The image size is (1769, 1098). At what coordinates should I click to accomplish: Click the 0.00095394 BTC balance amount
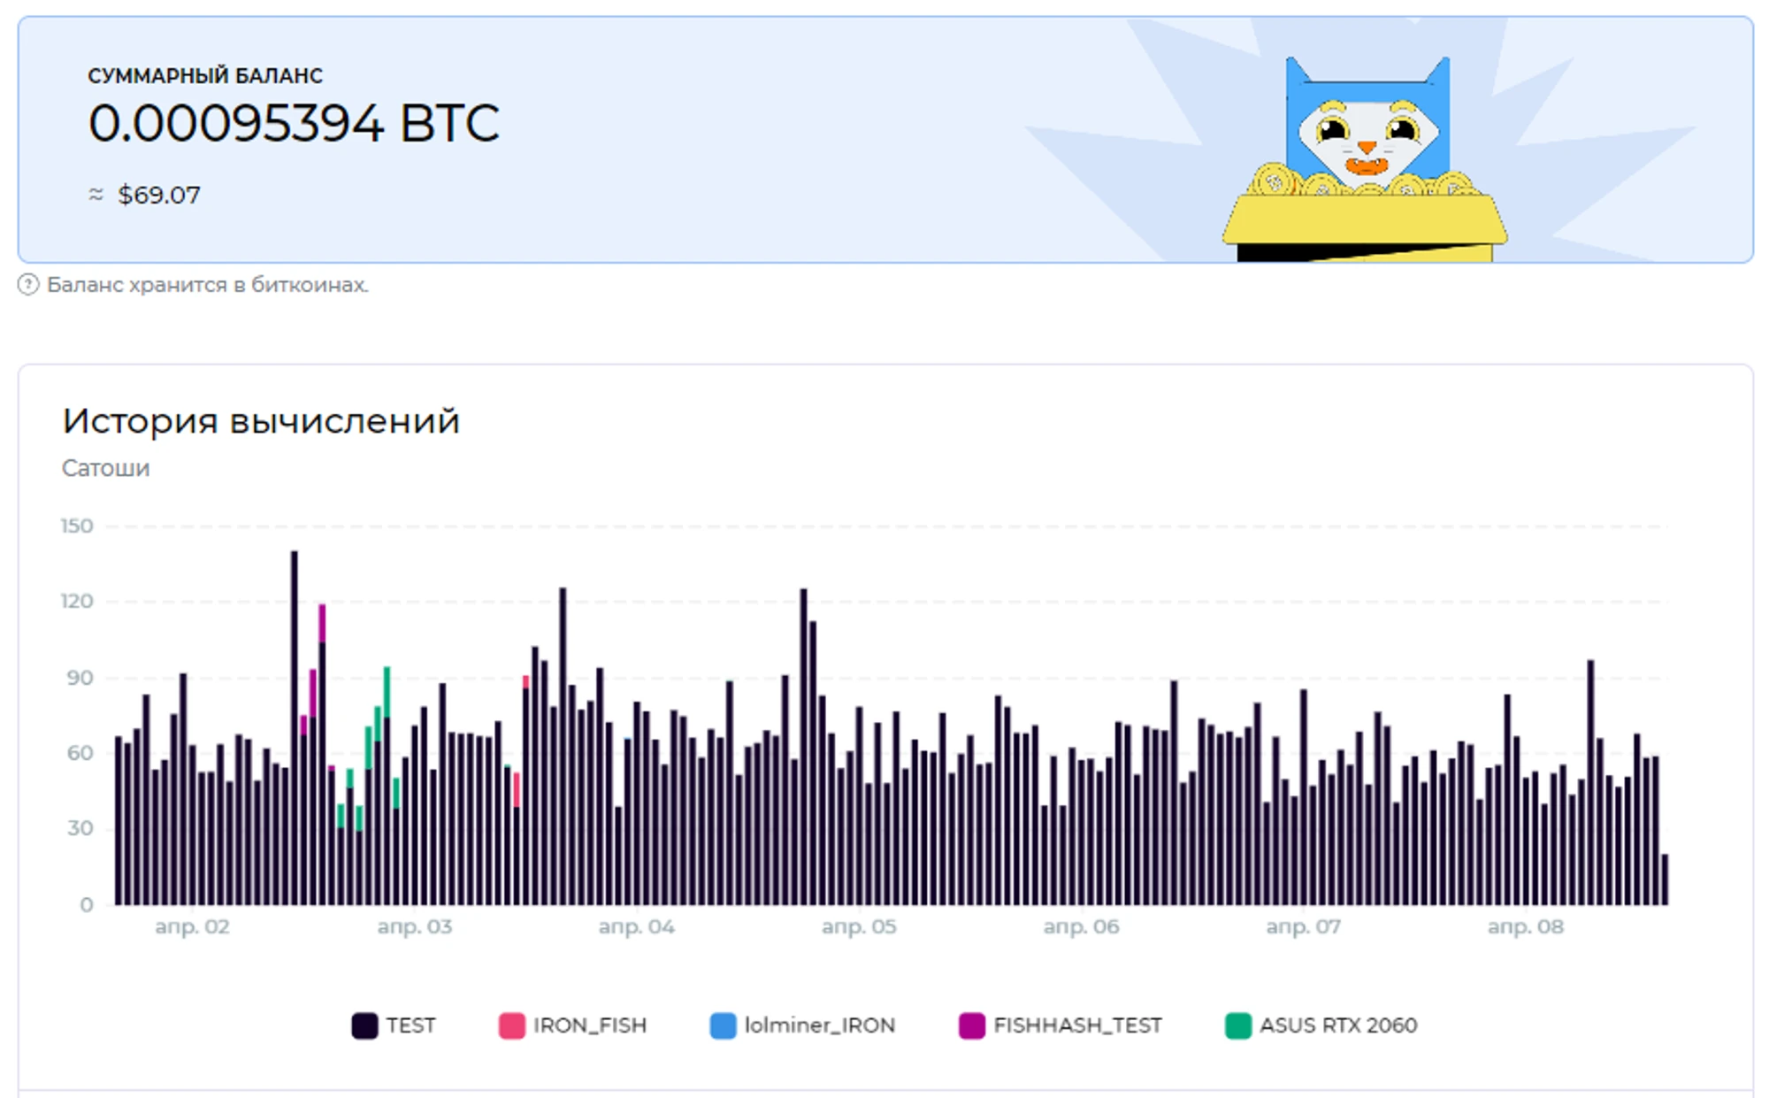point(294,123)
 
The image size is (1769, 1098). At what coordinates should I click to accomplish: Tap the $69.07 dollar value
point(158,195)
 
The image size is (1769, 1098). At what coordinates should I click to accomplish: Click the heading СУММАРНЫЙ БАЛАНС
point(205,76)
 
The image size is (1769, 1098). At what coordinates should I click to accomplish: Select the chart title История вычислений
point(261,421)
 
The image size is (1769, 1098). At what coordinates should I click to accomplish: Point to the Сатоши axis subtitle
point(105,468)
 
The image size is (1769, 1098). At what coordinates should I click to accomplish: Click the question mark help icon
point(28,285)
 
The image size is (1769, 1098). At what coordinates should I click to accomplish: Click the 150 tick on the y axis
point(77,526)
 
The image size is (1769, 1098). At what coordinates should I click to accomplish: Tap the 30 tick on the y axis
point(80,828)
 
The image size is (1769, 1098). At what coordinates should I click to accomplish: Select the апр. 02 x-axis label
point(192,927)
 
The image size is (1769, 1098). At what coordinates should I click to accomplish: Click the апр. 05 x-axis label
point(858,927)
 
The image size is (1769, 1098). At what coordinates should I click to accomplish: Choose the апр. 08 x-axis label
point(1525,927)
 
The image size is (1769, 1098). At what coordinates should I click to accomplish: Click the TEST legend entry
point(394,1025)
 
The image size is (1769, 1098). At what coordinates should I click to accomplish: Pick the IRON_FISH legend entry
point(572,1025)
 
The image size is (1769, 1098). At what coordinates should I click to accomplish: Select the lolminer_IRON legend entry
point(802,1025)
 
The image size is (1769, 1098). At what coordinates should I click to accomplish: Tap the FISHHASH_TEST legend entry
point(1060,1025)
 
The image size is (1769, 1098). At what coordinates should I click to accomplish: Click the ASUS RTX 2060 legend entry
point(1321,1025)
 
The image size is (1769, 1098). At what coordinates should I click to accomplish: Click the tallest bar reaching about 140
point(295,726)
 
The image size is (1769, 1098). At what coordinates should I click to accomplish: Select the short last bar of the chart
point(1665,879)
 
